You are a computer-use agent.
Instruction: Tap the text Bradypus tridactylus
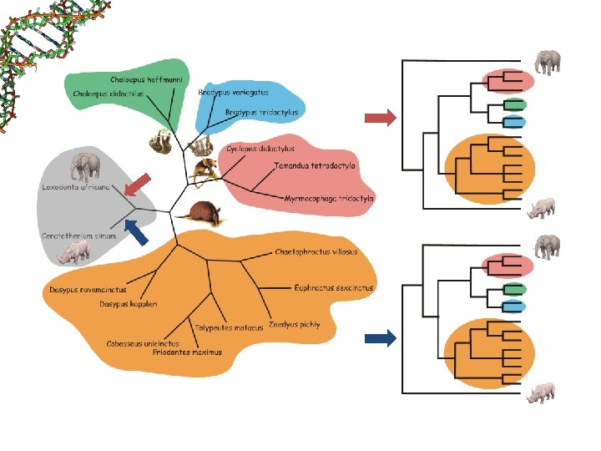click(x=262, y=112)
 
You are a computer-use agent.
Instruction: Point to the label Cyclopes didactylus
click(x=260, y=149)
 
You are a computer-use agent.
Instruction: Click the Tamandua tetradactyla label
click(x=315, y=165)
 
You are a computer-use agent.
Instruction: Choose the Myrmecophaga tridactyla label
click(x=330, y=200)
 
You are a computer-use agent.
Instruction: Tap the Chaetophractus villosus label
click(x=316, y=251)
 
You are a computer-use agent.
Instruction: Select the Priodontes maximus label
click(x=188, y=352)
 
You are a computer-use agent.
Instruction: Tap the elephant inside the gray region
click(x=85, y=166)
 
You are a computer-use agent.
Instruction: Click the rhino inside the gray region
click(x=74, y=251)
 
